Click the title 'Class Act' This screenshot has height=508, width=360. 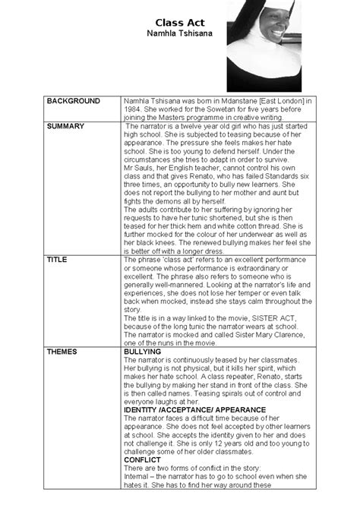(x=176, y=24)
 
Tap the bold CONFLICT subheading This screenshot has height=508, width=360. (x=144, y=459)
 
